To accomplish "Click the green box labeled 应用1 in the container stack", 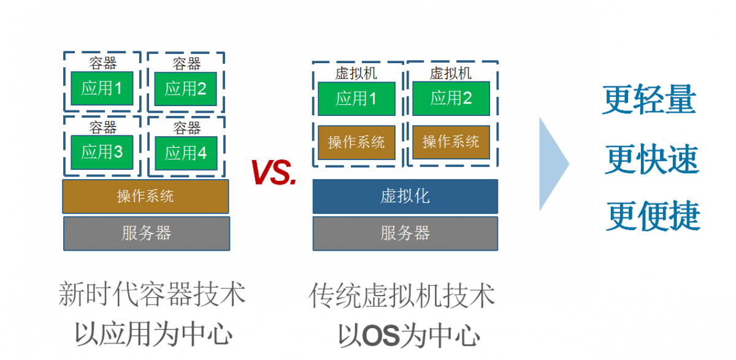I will (x=102, y=88).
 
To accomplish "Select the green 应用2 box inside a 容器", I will (x=186, y=89).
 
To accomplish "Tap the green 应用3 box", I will (x=102, y=152).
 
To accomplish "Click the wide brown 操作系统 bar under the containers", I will (x=145, y=196).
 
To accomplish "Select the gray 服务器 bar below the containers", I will (x=147, y=233).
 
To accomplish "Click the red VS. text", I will (x=274, y=173).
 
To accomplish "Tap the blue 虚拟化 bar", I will (x=405, y=196).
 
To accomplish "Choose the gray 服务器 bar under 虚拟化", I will (x=405, y=233).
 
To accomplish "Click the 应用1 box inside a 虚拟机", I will (x=356, y=98).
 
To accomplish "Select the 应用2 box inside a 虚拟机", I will (x=451, y=98).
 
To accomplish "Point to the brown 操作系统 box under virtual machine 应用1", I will (x=356, y=142).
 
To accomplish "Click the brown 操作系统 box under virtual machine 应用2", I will (x=451, y=142).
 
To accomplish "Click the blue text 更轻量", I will (x=650, y=100).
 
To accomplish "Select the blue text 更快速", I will (x=652, y=159).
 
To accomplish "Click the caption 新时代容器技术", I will (x=152, y=294).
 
